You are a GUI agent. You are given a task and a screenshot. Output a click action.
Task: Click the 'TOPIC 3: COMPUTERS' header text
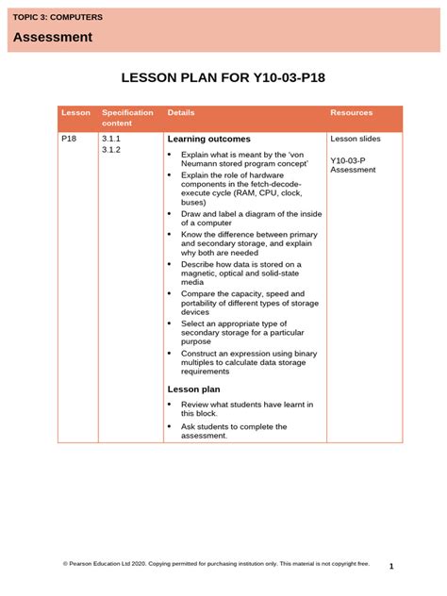pyautogui.click(x=58, y=18)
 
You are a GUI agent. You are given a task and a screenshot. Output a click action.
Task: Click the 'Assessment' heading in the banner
pyautogui.click(x=53, y=38)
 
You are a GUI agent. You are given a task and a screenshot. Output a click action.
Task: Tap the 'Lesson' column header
pyautogui.click(x=75, y=113)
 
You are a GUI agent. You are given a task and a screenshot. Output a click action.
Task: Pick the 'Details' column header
pyautogui.click(x=181, y=113)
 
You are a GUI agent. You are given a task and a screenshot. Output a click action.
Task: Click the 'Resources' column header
pyautogui.click(x=351, y=113)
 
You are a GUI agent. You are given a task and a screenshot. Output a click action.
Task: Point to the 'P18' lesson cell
pyautogui.click(x=69, y=139)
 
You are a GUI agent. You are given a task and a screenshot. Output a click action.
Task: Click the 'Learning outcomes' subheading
pyautogui.click(x=208, y=140)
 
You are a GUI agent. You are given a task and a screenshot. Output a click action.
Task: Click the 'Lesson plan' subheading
pyautogui.click(x=193, y=389)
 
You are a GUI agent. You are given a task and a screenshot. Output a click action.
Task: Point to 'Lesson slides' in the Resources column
pyautogui.click(x=356, y=139)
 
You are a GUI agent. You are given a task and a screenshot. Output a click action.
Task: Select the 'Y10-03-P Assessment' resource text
pyautogui.click(x=354, y=165)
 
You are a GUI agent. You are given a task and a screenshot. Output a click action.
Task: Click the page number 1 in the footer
pyautogui.click(x=390, y=566)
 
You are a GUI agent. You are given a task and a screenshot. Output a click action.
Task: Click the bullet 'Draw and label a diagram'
pyautogui.click(x=251, y=218)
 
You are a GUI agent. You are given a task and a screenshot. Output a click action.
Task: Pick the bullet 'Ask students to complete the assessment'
pyautogui.click(x=234, y=431)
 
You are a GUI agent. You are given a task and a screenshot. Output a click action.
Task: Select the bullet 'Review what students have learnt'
pyautogui.click(x=246, y=408)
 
